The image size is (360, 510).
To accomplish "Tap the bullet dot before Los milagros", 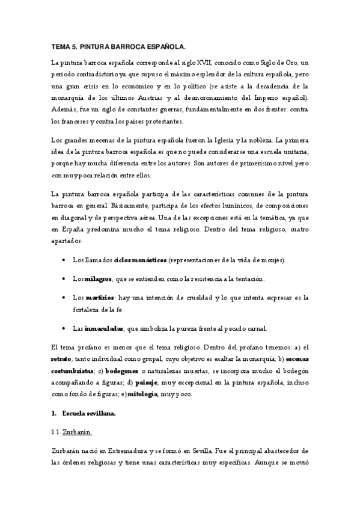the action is coord(64,279).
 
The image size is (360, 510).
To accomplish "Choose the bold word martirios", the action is coord(100,298).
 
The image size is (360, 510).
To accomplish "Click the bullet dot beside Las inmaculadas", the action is coord(64,328).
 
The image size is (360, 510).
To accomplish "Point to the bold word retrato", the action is coord(62,360).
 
